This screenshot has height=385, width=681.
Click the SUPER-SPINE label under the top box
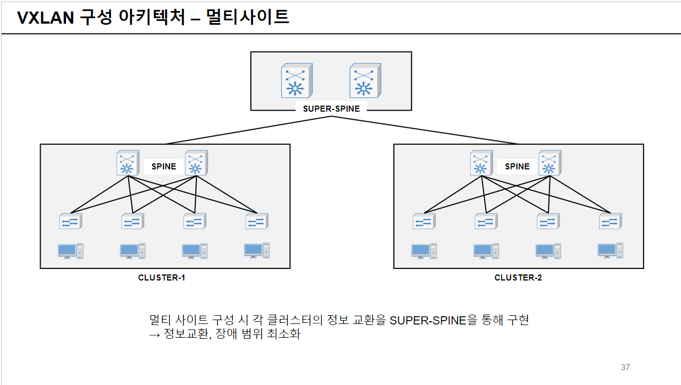[x=331, y=108]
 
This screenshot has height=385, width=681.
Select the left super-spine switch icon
[x=296, y=80]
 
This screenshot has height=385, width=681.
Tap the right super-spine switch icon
[x=365, y=80]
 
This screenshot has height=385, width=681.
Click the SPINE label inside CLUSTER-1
[x=163, y=166]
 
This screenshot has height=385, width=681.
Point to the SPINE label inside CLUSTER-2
[x=517, y=166]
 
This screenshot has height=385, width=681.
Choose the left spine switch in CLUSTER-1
[x=128, y=163]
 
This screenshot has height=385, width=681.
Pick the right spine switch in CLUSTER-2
[x=550, y=163]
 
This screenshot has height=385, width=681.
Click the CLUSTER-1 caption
[x=162, y=278]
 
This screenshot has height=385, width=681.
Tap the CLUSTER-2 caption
[x=518, y=278]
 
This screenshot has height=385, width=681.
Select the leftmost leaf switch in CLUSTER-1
[x=71, y=222]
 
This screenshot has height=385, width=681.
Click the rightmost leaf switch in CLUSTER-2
[x=611, y=222]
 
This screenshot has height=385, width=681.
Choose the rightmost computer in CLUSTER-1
[x=257, y=250]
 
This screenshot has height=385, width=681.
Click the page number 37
[x=625, y=367]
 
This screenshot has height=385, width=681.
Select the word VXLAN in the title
[x=46, y=18]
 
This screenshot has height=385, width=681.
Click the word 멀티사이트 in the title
[x=248, y=18]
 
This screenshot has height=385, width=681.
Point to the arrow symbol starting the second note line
[x=155, y=334]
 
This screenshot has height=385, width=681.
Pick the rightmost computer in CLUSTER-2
[x=611, y=250]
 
